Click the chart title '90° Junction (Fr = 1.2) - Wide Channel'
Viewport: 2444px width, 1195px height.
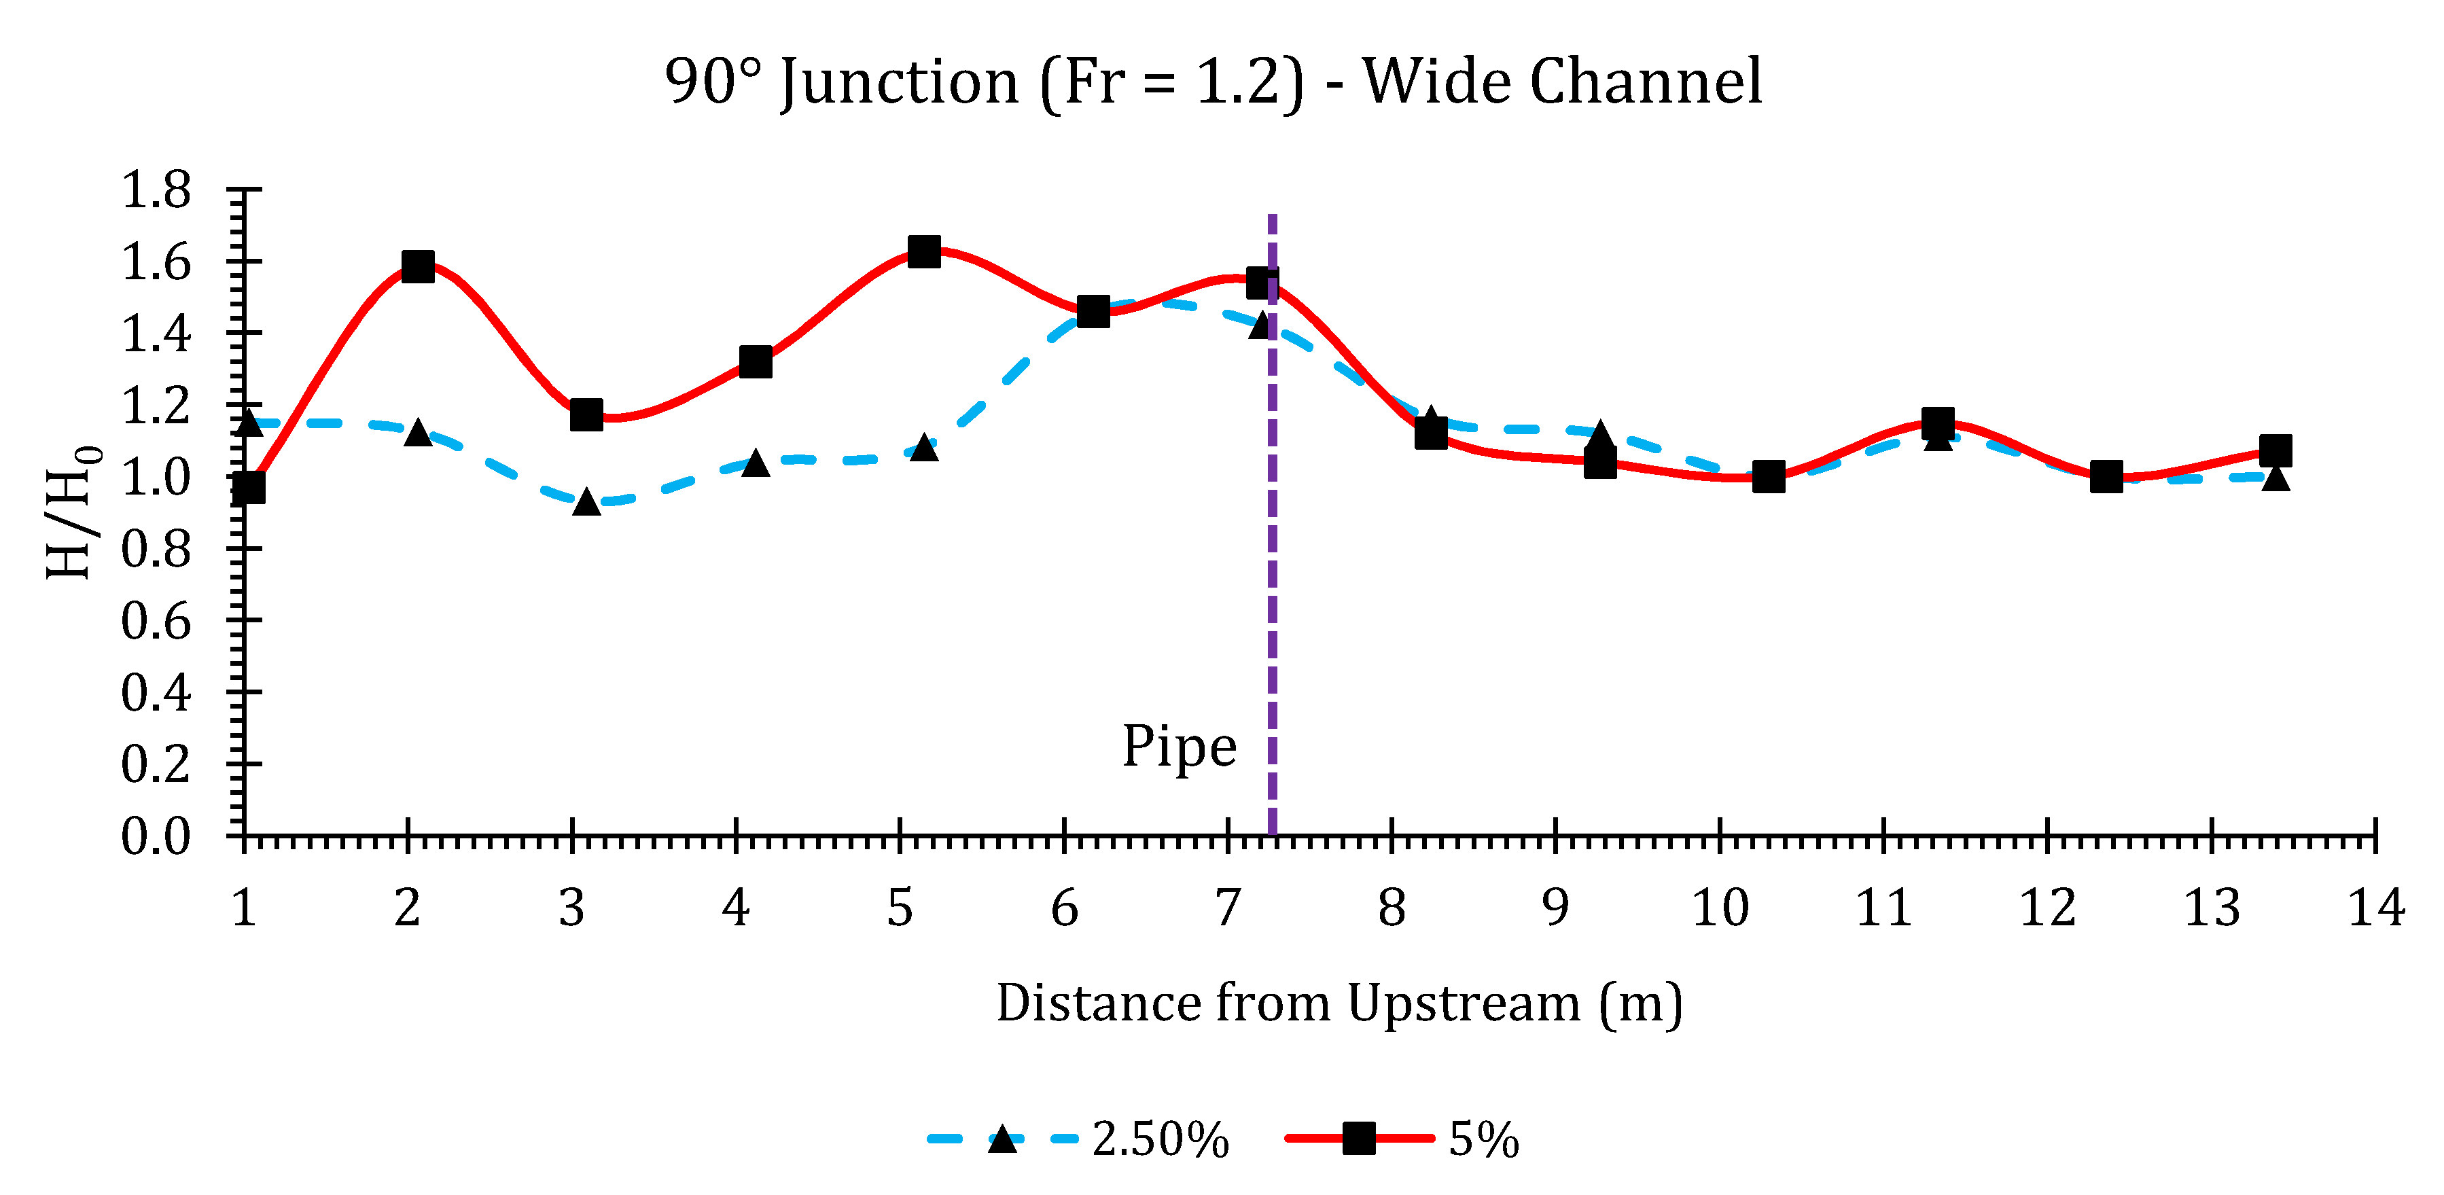pos(1213,82)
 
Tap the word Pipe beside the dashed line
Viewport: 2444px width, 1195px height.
pos(1180,747)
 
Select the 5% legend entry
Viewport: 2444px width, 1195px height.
pos(1404,1138)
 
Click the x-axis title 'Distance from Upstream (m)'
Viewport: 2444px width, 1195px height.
pos(1339,1003)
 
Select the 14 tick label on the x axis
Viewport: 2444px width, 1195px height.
pos(2375,908)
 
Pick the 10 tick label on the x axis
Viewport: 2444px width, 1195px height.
pos(1719,908)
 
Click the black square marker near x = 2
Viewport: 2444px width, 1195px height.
pos(417,266)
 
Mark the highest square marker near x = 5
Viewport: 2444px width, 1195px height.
pos(924,251)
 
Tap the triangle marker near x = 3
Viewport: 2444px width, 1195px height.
pos(586,501)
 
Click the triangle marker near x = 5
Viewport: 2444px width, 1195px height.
pos(924,447)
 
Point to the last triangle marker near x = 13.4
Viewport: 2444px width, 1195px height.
pos(2275,477)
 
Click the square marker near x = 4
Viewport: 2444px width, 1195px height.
pos(755,361)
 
